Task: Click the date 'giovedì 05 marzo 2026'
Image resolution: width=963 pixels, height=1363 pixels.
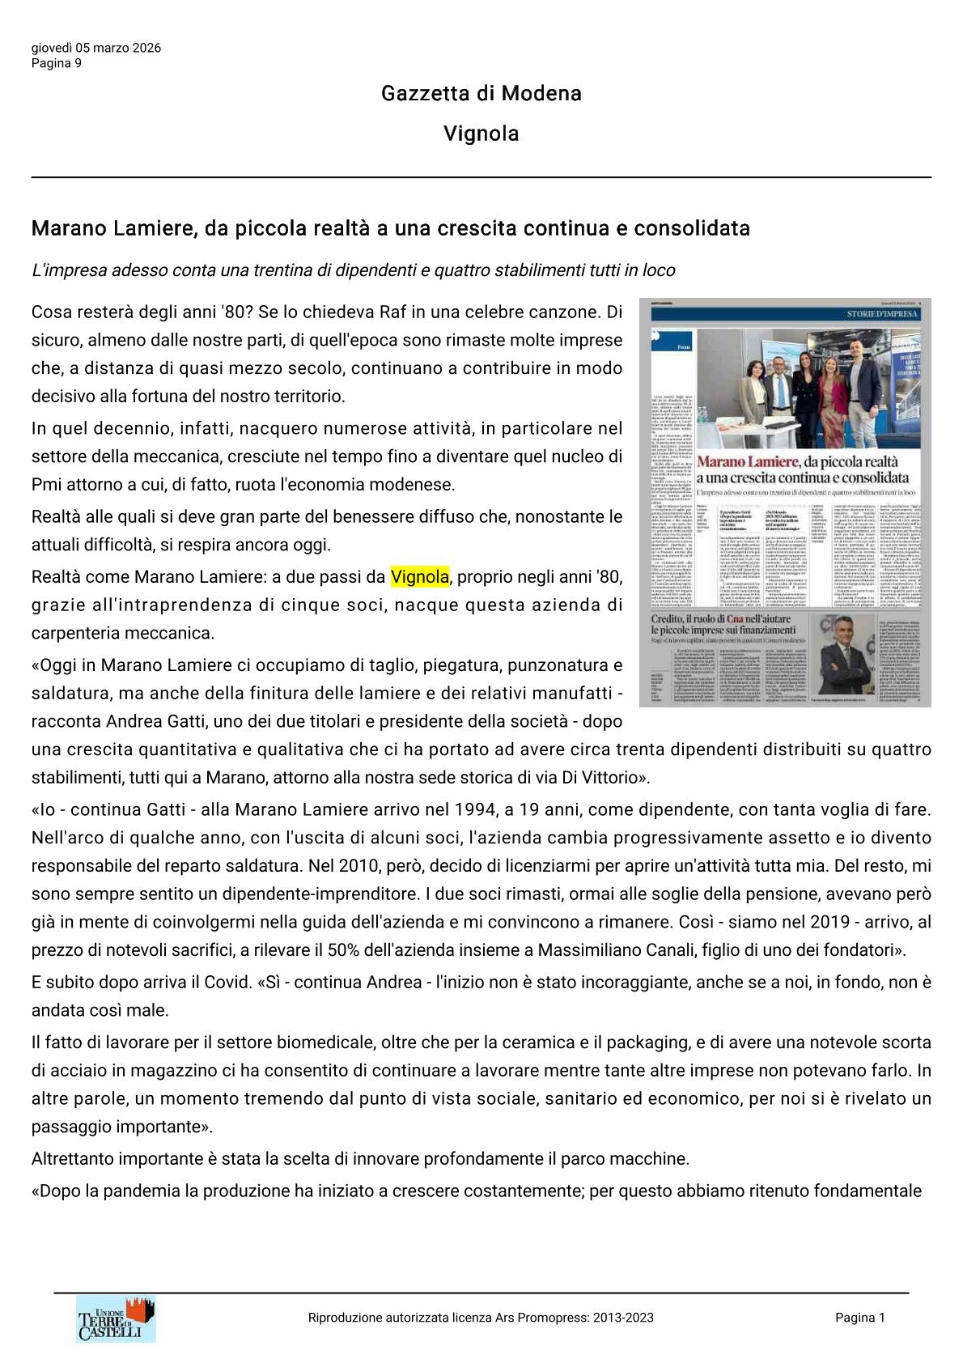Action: click(96, 48)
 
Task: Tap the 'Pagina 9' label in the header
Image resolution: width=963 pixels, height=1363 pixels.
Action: click(57, 63)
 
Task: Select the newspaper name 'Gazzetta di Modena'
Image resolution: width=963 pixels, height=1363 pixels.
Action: click(481, 93)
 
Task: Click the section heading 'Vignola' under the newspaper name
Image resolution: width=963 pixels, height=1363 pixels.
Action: click(481, 134)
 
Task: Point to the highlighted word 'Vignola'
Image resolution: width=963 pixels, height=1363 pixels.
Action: click(419, 577)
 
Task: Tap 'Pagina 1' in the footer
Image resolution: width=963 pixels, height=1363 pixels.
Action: click(860, 1318)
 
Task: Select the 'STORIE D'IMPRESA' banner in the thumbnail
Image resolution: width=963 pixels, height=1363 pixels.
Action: click(881, 314)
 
